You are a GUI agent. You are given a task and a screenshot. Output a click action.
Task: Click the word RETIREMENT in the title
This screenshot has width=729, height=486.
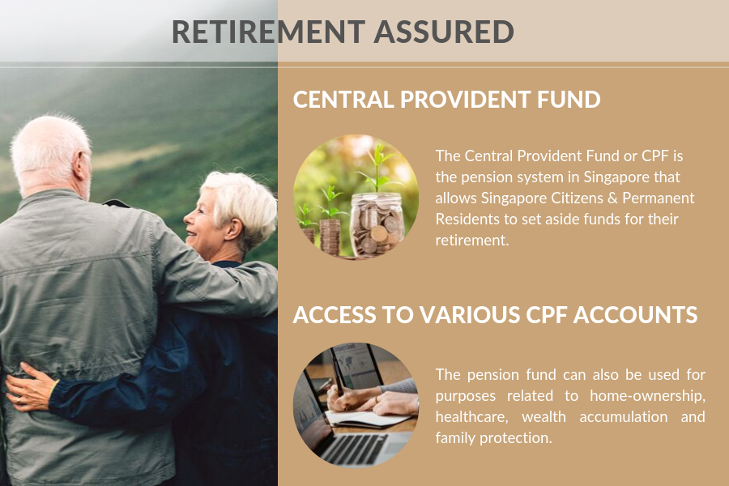click(x=268, y=32)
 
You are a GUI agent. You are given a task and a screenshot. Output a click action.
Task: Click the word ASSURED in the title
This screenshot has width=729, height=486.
click(x=444, y=32)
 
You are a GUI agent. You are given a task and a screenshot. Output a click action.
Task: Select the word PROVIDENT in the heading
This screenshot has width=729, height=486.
click(x=465, y=100)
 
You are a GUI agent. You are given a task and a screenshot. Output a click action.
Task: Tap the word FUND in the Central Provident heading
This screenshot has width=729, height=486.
click(x=569, y=100)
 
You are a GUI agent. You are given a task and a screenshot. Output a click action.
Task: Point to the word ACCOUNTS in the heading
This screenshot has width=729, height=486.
click(x=635, y=315)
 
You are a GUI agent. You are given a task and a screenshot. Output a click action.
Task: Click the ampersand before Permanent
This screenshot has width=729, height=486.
click(x=613, y=198)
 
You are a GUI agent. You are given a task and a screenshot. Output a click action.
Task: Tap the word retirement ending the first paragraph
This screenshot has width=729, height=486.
click(x=472, y=241)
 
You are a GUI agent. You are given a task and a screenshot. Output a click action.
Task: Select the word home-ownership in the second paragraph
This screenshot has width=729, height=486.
click(x=648, y=396)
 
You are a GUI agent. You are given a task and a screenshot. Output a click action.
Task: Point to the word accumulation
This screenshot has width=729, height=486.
click(x=624, y=416)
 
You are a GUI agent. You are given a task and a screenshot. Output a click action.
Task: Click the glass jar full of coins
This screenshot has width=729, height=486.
click(x=377, y=224)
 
